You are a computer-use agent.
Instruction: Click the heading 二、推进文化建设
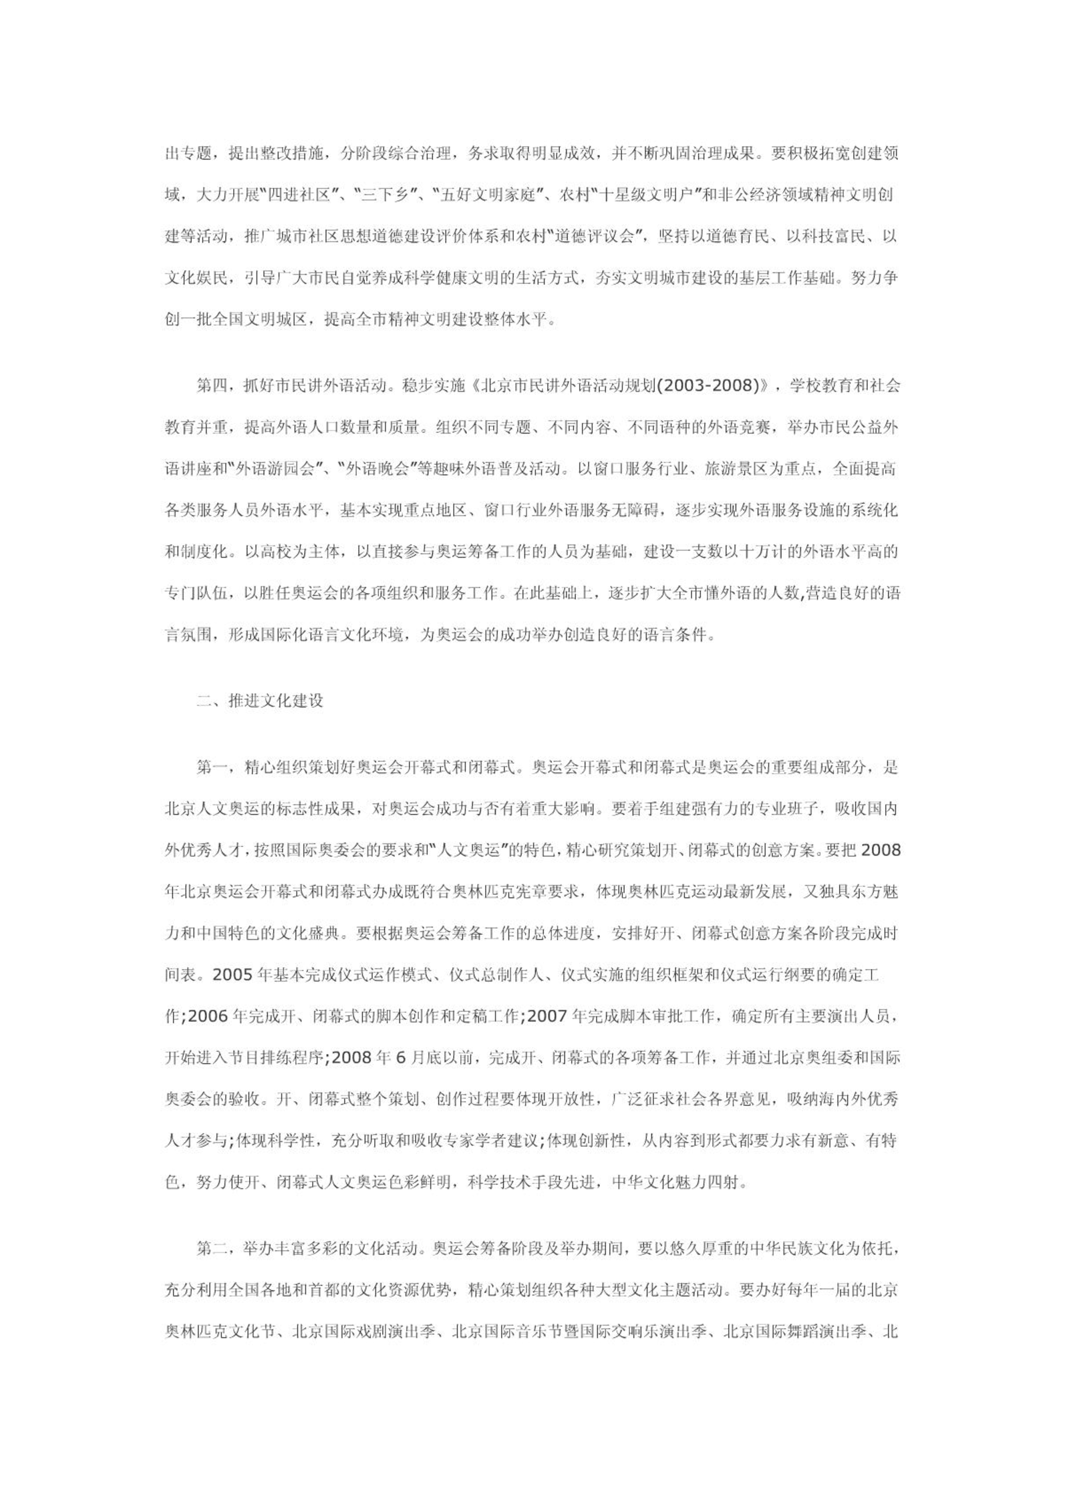coord(260,701)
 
